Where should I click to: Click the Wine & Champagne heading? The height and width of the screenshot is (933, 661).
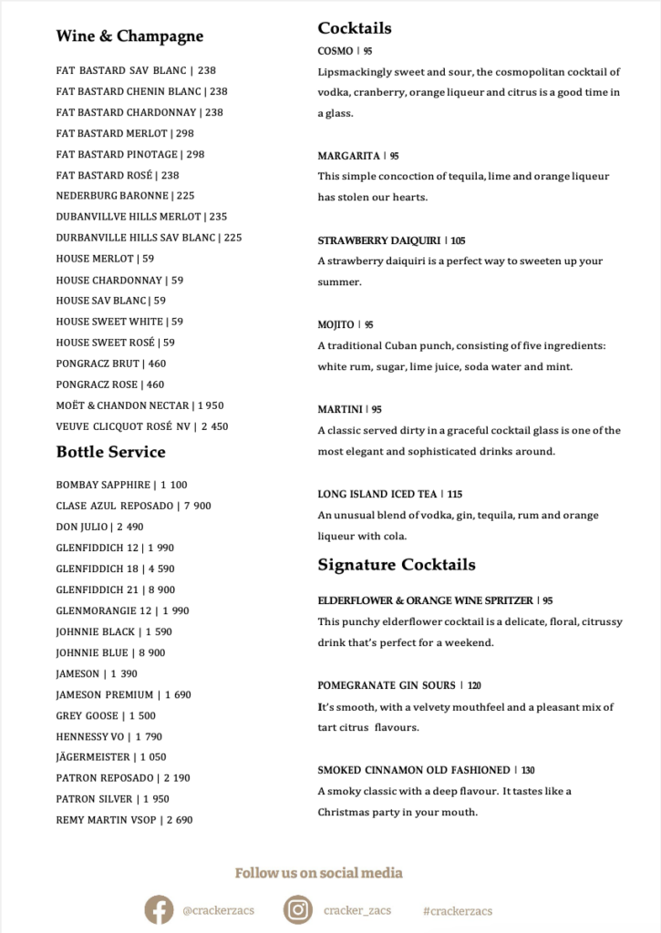point(129,36)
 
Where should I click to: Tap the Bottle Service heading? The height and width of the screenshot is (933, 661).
point(110,452)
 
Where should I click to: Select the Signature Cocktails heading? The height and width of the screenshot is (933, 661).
point(397,565)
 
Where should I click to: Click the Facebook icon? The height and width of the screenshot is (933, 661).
point(159,909)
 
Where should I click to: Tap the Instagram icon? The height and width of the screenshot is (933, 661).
point(297,909)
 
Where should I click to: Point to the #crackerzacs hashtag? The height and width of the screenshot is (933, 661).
point(458,910)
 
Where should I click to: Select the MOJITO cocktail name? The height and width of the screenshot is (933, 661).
point(336,325)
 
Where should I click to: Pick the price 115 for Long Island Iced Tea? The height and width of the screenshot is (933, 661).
point(455,495)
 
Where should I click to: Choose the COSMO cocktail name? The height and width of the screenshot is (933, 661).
point(335,52)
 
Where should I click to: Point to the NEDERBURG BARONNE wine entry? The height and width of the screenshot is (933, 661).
point(112,196)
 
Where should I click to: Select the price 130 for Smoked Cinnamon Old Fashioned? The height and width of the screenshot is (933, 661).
point(527,771)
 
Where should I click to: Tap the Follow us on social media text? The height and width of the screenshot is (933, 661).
point(318,873)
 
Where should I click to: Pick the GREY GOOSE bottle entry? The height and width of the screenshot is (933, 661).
point(88,716)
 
